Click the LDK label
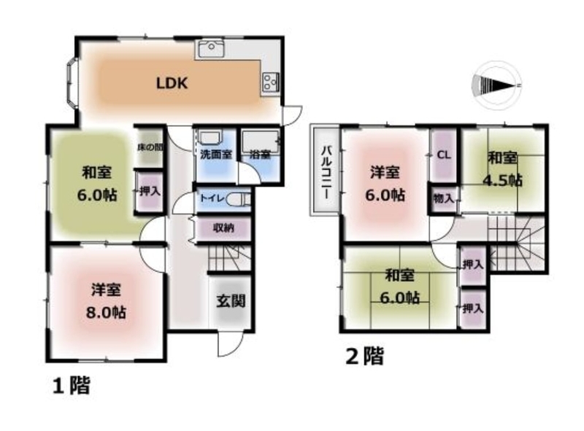coord(172,83)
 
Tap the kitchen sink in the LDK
coord(211,49)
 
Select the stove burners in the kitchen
coord(270,82)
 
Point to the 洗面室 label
coord(216,154)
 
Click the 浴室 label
coord(260,155)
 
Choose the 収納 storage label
coord(223,228)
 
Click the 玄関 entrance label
coord(231,300)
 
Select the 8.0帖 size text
coord(106,313)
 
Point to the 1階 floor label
coord(71,386)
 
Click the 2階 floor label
coord(364,356)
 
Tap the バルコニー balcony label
coord(326,172)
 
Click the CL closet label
coord(444,155)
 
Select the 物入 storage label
coord(443,199)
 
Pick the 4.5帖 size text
coord(502,181)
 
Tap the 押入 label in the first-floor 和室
coord(150,191)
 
